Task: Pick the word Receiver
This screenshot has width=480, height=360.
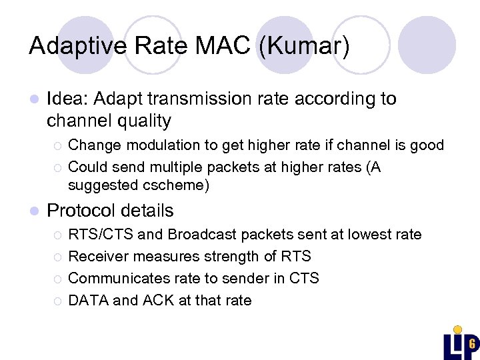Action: point(98,257)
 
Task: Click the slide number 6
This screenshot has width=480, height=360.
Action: point(471,345)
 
